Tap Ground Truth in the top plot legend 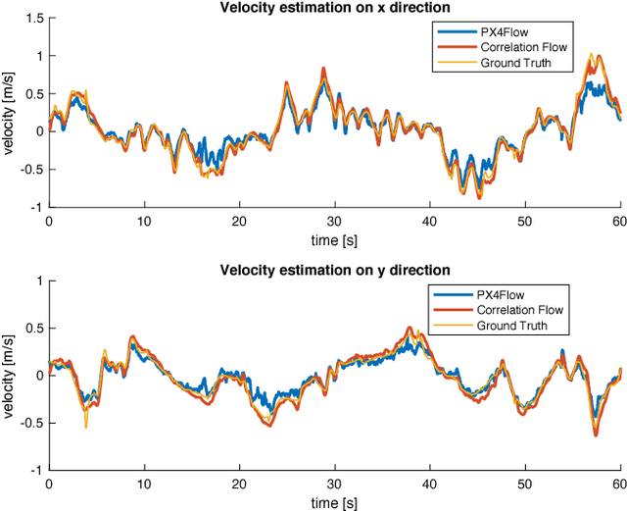[512, 63]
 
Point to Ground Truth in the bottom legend [512, 325]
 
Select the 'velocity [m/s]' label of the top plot [9, 113]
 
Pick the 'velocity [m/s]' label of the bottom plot [9, 375]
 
